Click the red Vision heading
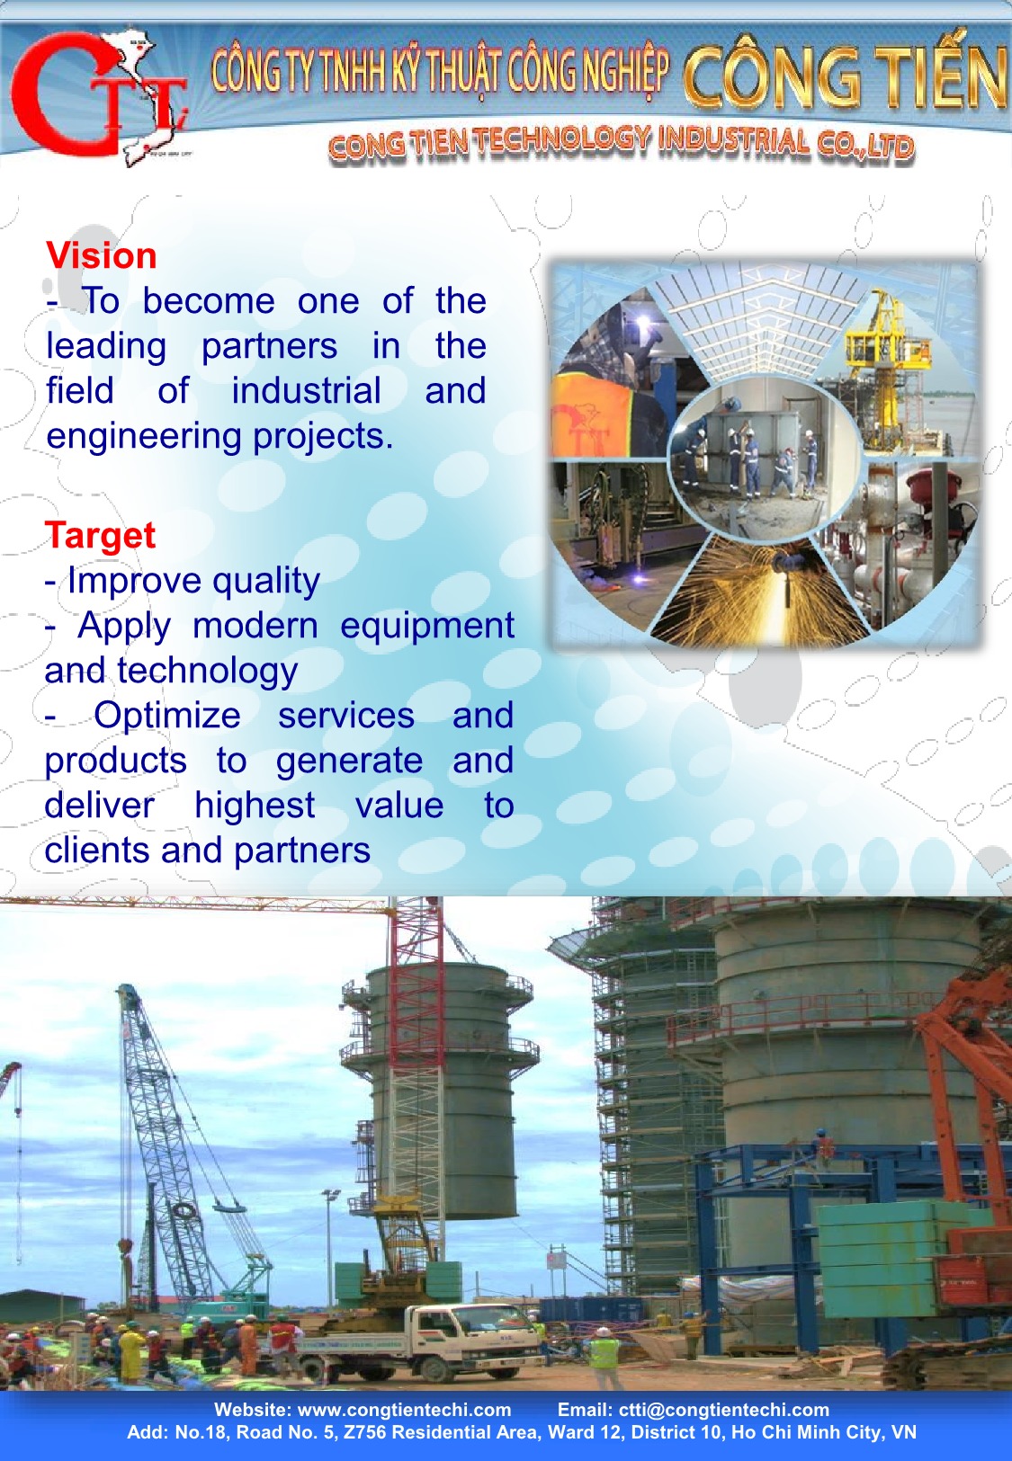(101, 255)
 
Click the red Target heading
(100, 536)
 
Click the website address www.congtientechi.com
(404, 1410)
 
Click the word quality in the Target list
(266, 582)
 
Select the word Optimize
(167, 715)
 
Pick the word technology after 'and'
(208, 672)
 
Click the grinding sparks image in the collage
(760, 587)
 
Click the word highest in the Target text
(255, 806)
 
